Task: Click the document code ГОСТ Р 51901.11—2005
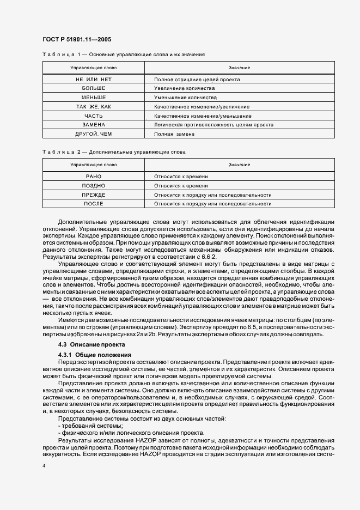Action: point(77,39)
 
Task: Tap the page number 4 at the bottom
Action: point(44,466)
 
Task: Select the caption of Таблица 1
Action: point(123,55)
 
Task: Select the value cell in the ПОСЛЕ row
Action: point(212,204)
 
